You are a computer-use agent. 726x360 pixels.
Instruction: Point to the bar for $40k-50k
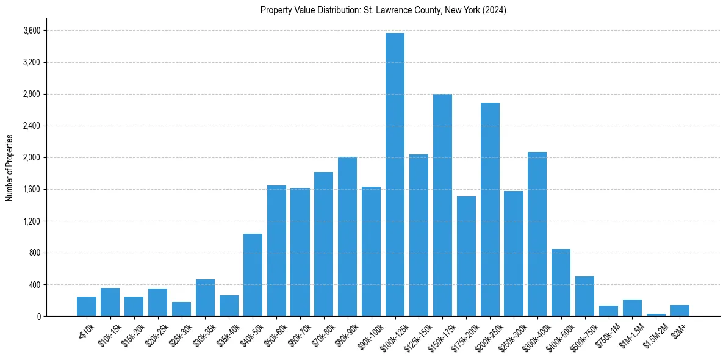[253, 275]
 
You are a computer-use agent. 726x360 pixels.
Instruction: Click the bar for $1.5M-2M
[656, 315]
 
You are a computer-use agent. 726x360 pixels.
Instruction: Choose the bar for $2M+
[680, 311]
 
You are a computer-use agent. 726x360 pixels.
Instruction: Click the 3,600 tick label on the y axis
[31, 31]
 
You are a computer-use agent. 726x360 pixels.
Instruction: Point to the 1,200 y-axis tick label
[31, 221]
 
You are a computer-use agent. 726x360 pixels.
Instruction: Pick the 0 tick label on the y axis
[38, 316]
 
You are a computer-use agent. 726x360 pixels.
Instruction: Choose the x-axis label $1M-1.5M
[630, 335]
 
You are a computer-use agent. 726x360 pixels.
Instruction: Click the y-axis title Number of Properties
[9, 168]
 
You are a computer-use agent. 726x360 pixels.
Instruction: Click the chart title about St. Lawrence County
[383, 10]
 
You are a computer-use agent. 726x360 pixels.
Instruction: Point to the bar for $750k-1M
[608, 311]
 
